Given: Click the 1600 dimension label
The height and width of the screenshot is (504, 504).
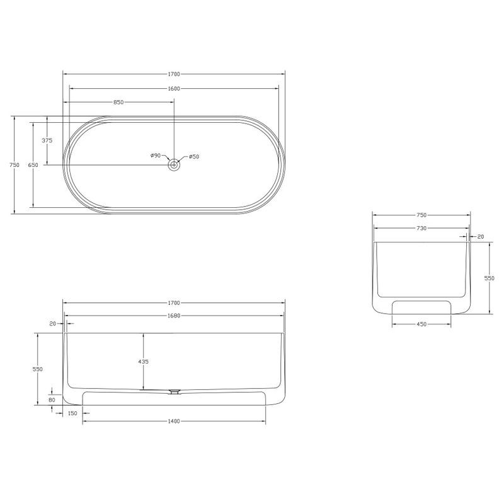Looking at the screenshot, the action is click(x=174, y=89).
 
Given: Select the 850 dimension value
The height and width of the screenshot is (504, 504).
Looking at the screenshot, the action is click(x=118, y=103).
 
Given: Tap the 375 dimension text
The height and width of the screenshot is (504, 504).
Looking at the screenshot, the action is click(x=47, y=140).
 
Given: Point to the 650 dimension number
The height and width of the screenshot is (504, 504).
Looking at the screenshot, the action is click(x=33, y=165).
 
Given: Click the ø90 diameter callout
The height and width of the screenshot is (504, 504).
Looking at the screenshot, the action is click(x=156, y=156).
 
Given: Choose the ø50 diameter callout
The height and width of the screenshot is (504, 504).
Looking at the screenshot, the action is click(x=194, y=157).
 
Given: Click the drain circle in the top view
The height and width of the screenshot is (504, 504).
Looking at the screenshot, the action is click(x=175, y=165).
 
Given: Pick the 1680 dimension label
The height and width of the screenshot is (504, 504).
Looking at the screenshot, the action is click(x=174, y=316).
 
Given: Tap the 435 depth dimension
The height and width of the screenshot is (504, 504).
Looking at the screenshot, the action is click(x=144, y=362).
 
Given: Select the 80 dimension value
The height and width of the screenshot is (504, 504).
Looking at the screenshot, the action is click(x=52, y=400).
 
